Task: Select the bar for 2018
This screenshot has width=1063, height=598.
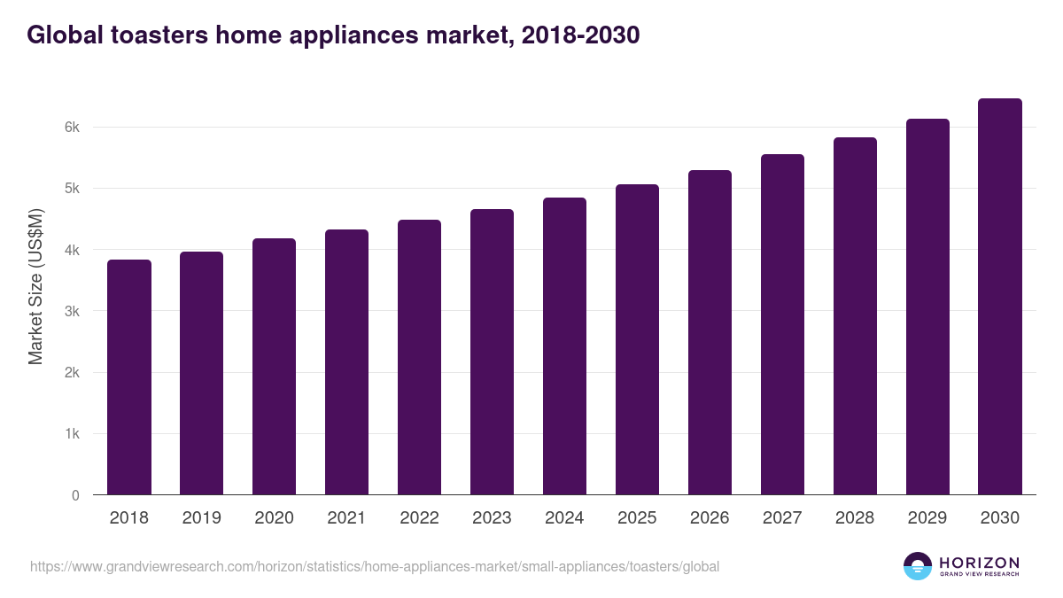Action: pos(129,377)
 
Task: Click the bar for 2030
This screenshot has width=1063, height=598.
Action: pos(1000,297)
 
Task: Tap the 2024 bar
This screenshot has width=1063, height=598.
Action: pos(564,346)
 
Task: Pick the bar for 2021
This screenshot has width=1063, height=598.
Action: pos(346,361)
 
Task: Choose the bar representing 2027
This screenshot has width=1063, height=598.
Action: pos(782,324)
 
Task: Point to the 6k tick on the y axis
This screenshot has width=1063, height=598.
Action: pos(72,128)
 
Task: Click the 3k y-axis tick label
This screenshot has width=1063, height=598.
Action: pos(72,312)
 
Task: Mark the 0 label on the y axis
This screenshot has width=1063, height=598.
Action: pos(75,496)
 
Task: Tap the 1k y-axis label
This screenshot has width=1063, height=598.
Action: pos(72,434)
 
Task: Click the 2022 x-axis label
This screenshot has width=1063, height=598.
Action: pos(419,518)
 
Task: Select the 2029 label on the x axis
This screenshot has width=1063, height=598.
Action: pos(927,518)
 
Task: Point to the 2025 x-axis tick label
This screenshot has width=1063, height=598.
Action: pos(637,518)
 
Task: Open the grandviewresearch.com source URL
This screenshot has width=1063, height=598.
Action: pos(375,566)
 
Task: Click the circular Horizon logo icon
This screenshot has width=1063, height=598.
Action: pos(918,566)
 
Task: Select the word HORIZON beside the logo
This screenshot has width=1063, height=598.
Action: pos(979,562)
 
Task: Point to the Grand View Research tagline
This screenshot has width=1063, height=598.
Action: pos(979,574)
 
